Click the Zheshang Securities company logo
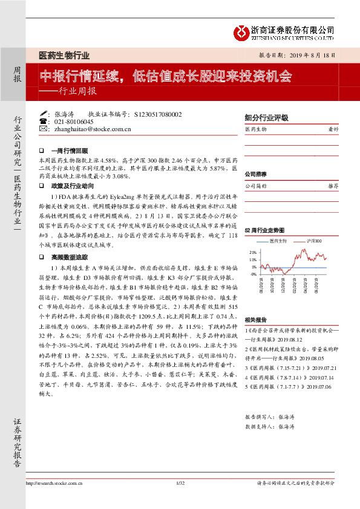241,32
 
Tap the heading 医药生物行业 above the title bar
64,56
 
